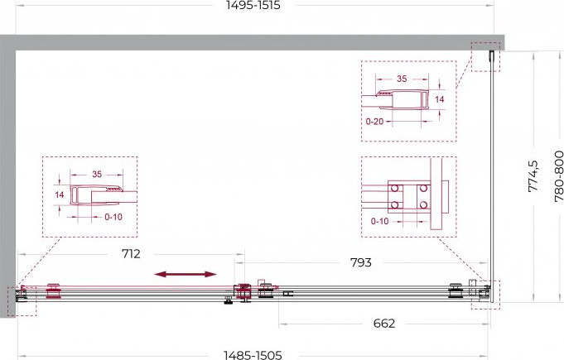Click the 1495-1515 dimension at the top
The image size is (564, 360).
click(x=253, y=6)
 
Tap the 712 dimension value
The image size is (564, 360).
click(x=131, y=254)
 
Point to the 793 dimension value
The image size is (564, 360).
click(x=361, y=262)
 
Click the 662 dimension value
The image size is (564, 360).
click(x=384, y=324)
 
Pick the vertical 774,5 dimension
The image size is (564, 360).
click(x=533, y=176)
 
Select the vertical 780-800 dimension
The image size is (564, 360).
click(x=558, y=176)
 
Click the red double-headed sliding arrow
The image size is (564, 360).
click(x=186, y=275)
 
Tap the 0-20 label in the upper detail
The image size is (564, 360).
click(x=374, y=122)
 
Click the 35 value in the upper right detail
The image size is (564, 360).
click(x=402, y=79)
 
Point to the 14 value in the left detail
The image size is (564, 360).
click(x=60, y=194)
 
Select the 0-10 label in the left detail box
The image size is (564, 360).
click(x=113, y=217)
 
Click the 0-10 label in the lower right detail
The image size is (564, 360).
click(x=380, y=221)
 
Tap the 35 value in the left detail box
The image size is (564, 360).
click(x=97, y=175)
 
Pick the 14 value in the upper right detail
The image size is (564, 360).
click(x=440, y=99)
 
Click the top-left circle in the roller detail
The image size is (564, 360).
click(x=394, y=188)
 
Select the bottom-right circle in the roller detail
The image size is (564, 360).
click(x=423, y=204)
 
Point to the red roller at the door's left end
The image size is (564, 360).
click(x=53, y=291)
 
